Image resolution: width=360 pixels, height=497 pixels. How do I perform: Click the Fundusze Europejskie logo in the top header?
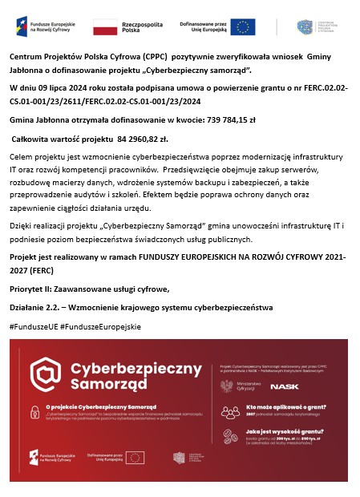(x=46, y=27)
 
